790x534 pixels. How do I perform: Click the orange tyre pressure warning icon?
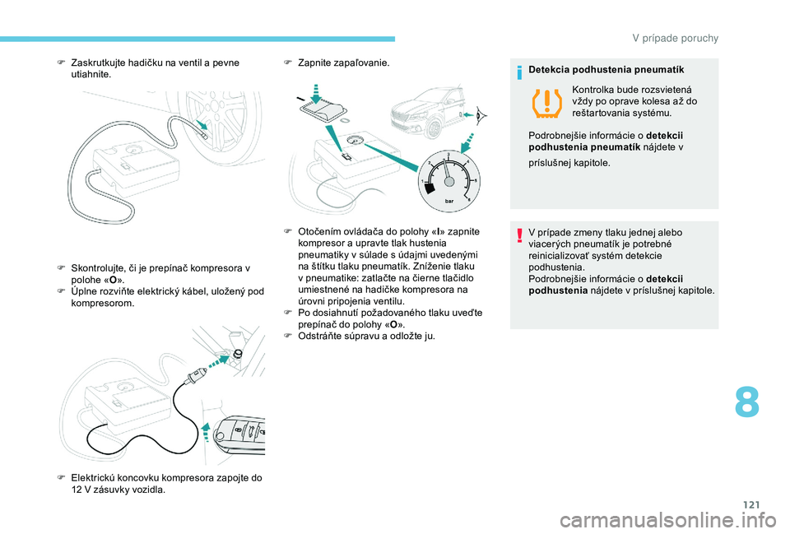[x=547, y=103]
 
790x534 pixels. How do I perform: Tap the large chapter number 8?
[x=746, y=402]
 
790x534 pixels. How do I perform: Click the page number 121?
[x=751, y=504]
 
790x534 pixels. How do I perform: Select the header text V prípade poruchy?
[x=675, y=39]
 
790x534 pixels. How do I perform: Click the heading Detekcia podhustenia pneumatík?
[x=606, y=69]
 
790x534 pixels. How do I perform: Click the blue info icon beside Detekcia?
[x=519, y=73]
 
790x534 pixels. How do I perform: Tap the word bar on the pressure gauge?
[x=449, y=201]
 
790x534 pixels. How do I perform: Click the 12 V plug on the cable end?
[x=196, y=376]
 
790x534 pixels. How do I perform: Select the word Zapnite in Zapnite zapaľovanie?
[x=314, y=63]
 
